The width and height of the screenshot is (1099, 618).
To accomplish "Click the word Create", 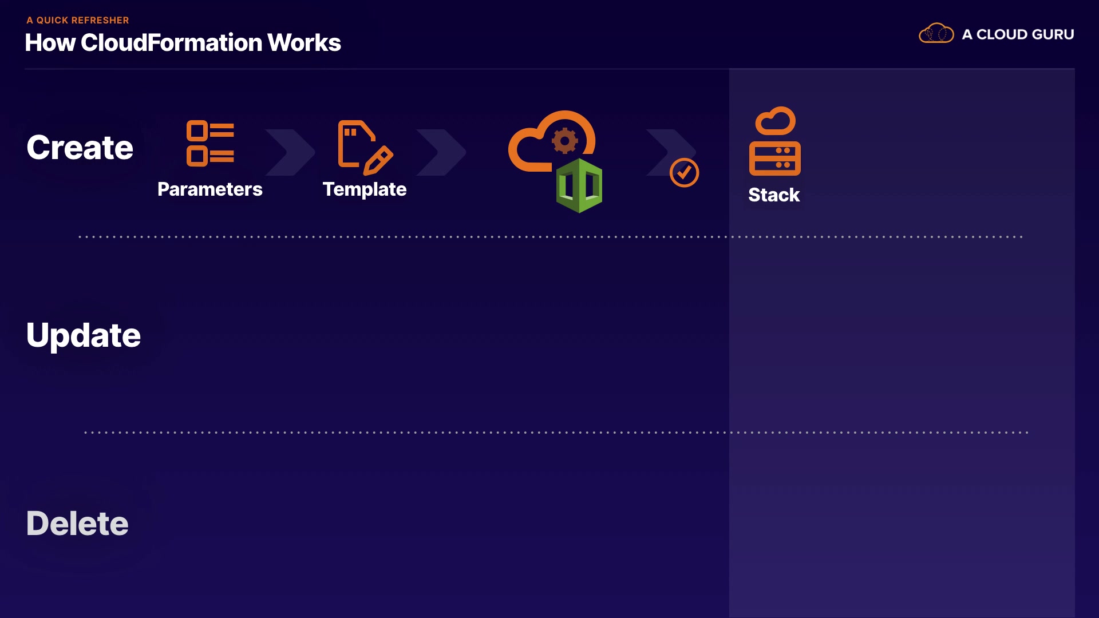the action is point(80,148).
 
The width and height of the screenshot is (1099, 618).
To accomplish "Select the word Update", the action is point(84,335).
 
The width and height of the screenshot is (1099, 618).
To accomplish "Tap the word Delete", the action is point(77,523).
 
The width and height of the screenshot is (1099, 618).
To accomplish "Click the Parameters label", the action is point(210,189).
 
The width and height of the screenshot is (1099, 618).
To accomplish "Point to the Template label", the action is point(365,189).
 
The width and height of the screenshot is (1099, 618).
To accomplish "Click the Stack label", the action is point(774,195).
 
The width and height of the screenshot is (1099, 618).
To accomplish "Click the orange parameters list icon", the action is point(210,143).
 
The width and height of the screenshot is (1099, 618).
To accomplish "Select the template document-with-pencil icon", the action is point(365,147).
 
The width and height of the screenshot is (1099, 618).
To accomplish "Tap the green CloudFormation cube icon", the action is point(579,185).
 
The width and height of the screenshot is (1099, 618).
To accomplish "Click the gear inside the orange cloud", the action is point(565,141).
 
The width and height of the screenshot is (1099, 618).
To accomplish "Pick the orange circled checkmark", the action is point(685,173).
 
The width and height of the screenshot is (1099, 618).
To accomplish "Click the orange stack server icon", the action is point(775,141).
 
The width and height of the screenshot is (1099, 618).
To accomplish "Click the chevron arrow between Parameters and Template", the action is point(290,152).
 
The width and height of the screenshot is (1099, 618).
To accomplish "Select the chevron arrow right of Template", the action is point(441,152).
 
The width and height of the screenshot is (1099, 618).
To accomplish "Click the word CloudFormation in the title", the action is point(171,43).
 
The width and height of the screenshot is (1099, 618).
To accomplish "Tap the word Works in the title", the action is point(304,43).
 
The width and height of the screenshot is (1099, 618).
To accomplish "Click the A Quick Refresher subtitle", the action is point(78,20).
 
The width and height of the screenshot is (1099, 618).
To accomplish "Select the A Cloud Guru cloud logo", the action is point(936,33).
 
